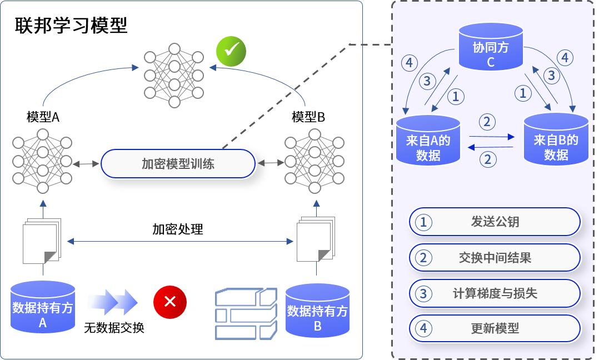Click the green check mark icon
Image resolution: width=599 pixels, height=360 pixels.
[x=231, y=51]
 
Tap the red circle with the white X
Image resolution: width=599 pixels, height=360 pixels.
[x=170, y=302]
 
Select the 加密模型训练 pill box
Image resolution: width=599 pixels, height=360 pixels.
[x=178, y=164]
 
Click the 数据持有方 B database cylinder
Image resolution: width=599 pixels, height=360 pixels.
[x=317, y=312]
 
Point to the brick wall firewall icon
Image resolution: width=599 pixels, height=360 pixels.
[x=246, y=313]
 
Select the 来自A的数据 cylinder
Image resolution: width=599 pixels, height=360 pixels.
[x=428, y=141]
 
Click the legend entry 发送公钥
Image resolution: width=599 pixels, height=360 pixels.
[x=495, y=222]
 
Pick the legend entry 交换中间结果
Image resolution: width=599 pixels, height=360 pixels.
[x=495, y=258]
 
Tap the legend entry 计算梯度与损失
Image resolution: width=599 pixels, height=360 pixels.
[x=495, y=293]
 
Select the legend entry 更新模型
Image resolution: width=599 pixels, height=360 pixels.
[x=495, y=328]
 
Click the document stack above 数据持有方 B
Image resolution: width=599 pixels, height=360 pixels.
[x=315, y=239]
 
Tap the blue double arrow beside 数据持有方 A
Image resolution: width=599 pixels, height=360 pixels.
[x=112, y=302]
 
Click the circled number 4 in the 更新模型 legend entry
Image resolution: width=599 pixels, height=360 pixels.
[x=423, y=328]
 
